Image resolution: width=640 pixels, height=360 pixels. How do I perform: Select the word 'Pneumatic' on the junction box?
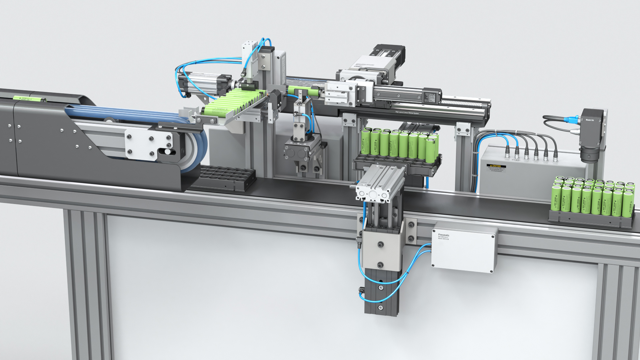443,235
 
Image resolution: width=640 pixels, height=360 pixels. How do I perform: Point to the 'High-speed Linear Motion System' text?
412,113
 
